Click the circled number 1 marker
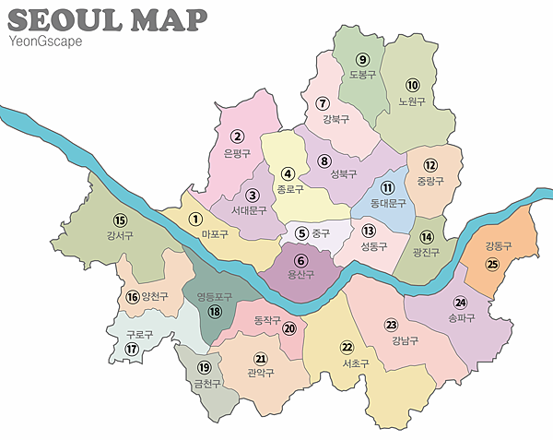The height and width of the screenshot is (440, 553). [195, 219]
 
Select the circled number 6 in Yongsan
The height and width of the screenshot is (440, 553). [300, 261]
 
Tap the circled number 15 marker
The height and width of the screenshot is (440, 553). [119, 220]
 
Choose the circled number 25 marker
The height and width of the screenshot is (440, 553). [493, 264]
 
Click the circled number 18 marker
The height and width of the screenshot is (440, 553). [215, 312]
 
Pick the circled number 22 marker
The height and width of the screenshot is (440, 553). [347, 347]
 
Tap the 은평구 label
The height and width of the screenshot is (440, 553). [237, 154]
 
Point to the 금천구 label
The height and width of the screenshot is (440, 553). [209, 383]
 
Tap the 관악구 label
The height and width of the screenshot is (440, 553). [261, 374]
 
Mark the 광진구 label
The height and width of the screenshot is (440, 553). [427, 252]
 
